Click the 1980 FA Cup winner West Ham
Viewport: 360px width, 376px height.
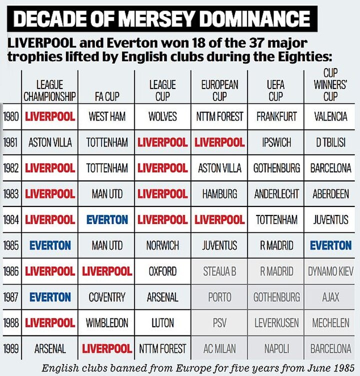(106, 116)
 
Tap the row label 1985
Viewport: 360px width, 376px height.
(10, 245)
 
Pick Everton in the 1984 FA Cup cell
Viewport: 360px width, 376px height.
(106, 219)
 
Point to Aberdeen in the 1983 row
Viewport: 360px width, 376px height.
(330, 194)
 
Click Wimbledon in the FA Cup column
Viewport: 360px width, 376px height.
(106, 323)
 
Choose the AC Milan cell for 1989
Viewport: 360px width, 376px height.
(219, 348)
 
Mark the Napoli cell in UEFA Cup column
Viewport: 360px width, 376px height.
(276, 348)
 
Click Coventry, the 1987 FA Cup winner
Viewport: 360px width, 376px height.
(106, 297)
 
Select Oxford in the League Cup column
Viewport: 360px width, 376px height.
(162, 271)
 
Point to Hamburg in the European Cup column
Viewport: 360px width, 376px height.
(219, 194)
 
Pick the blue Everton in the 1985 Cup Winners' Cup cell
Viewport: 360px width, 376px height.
(330, 245)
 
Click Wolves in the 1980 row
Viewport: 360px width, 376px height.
(162, 116)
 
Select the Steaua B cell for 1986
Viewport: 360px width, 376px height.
(219, 271)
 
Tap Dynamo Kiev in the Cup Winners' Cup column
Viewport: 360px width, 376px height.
(330, 271)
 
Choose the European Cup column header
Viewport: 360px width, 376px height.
(219, 90)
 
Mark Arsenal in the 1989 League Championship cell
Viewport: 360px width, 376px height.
(50, 348)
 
